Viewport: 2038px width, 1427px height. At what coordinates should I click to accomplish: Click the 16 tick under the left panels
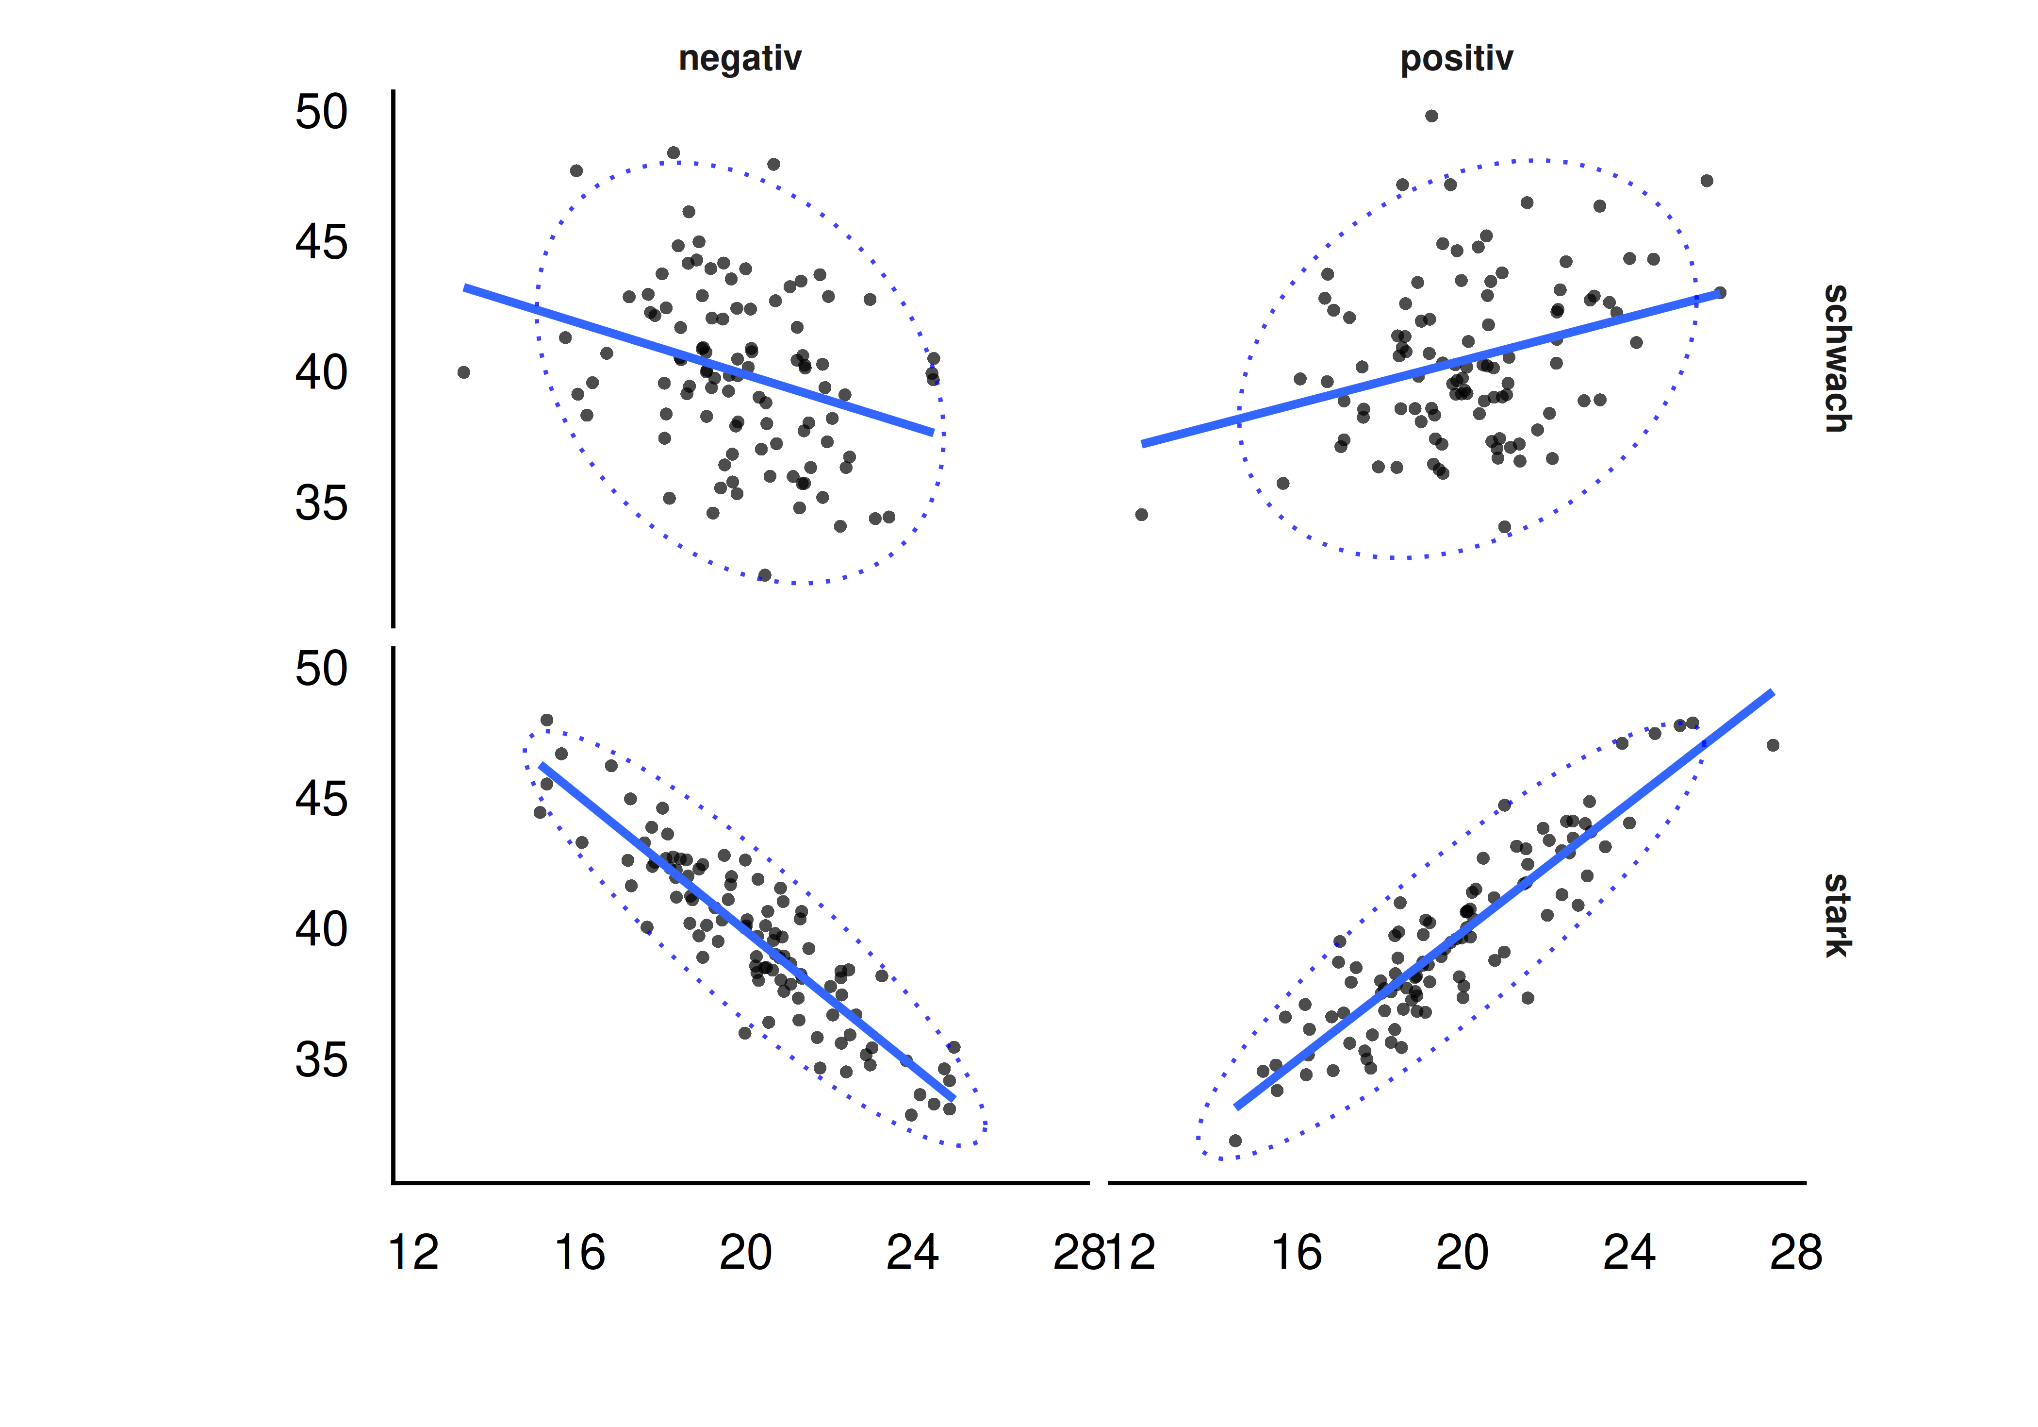(580, 1253)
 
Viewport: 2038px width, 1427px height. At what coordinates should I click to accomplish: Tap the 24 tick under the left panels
(912, 1253)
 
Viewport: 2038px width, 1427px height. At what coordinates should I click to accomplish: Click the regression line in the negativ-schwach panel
(699, 361)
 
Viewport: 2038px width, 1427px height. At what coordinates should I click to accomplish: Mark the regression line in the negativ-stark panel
(747, 932)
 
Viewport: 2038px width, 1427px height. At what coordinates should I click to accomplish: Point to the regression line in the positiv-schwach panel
(1431, 368)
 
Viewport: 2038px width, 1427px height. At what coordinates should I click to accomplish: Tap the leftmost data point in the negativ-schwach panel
(463, 372)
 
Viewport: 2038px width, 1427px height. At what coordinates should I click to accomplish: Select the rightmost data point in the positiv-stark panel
(1773, 745)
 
